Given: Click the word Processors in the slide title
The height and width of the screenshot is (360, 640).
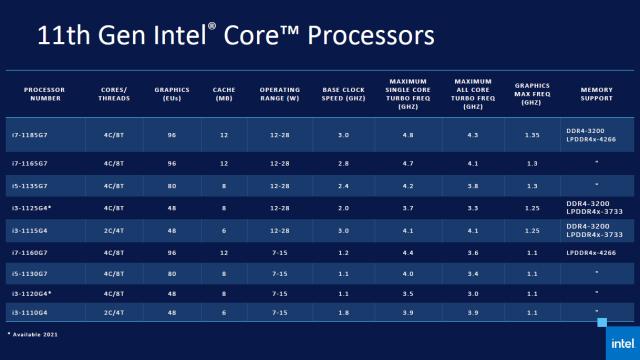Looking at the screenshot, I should click(370, 36).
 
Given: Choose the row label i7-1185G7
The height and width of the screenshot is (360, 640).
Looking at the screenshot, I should click(43, 133).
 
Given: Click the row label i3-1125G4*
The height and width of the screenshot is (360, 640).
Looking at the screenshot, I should click(45, 207).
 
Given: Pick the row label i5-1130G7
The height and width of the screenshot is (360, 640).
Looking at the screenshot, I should click(43, 272).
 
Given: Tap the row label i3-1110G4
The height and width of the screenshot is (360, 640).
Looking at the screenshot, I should click(43, 314).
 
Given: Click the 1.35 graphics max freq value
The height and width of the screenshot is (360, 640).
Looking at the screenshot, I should click(532, 133).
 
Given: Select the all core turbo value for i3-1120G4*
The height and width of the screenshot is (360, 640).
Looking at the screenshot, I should click(472, 294).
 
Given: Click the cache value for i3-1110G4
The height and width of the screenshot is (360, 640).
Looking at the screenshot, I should click(224, 314).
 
